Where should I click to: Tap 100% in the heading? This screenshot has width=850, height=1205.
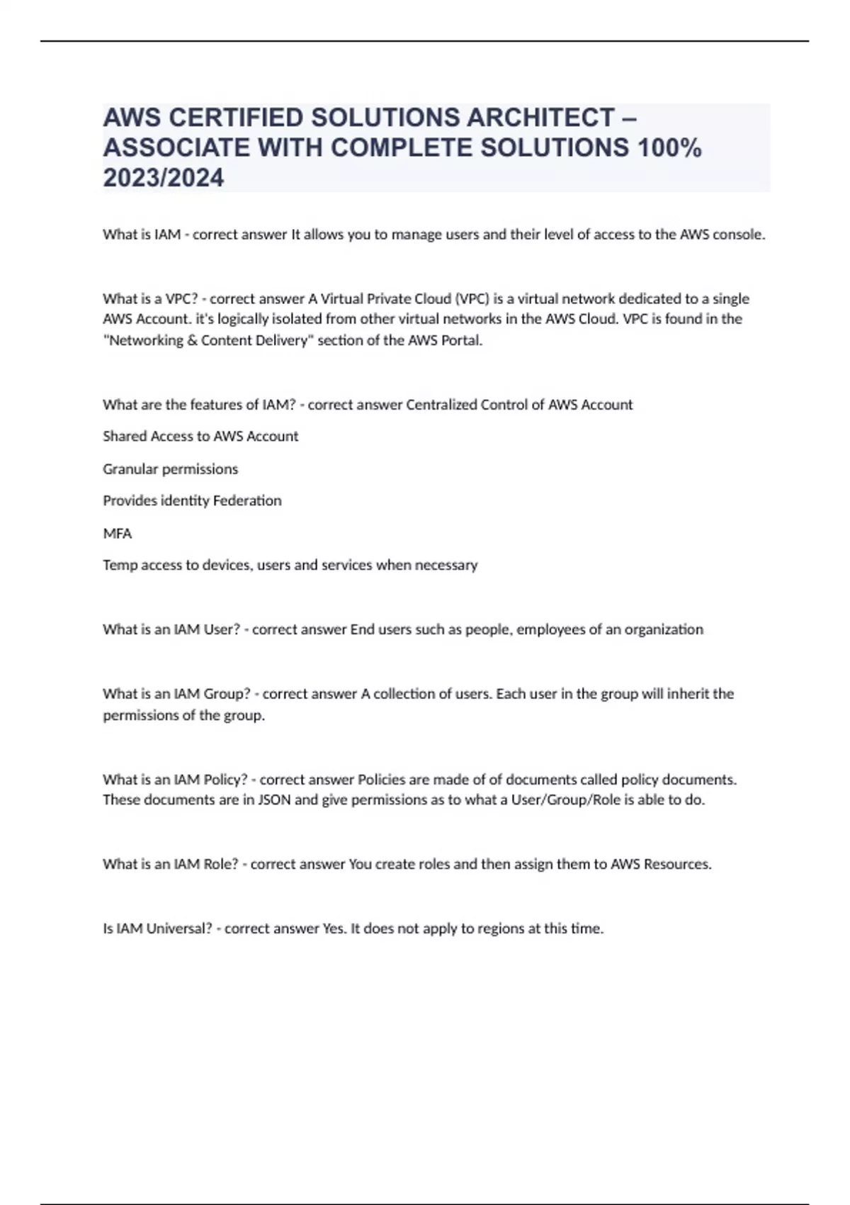click(669, 147)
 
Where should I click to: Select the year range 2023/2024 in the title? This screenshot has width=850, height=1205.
click(164, 177)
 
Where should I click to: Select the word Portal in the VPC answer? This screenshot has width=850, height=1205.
click(461, 340)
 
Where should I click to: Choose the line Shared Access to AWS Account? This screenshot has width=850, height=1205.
click(200, 437)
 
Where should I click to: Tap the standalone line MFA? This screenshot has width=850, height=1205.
click(118, 534)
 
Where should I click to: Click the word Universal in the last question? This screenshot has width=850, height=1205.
click(178, 929)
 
